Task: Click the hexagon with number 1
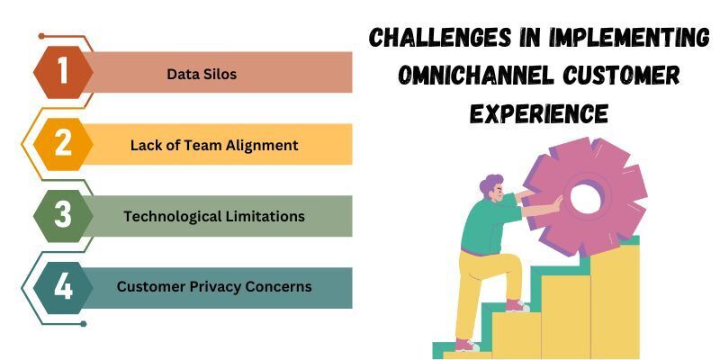click(x=63, y=72)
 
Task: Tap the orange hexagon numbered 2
click(x=63, y=144)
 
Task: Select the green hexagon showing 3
click(x=63, y=216)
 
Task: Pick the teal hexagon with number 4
click(x=63, y=288)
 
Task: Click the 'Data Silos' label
click(x=202, y=74)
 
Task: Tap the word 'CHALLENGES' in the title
click(x=440, y=38)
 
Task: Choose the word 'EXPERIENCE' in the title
click(x=539, y=113)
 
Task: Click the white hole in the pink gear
click(x=586, y=198)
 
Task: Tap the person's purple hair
click(x=490, y=184)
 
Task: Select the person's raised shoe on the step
click(x=517, y=305)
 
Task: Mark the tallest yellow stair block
click(x=615, y=301)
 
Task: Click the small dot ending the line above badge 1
click(x=41, y=36)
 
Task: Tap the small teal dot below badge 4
click(x=83, y=324)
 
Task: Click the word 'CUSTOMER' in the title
click(x=621, y=76)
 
